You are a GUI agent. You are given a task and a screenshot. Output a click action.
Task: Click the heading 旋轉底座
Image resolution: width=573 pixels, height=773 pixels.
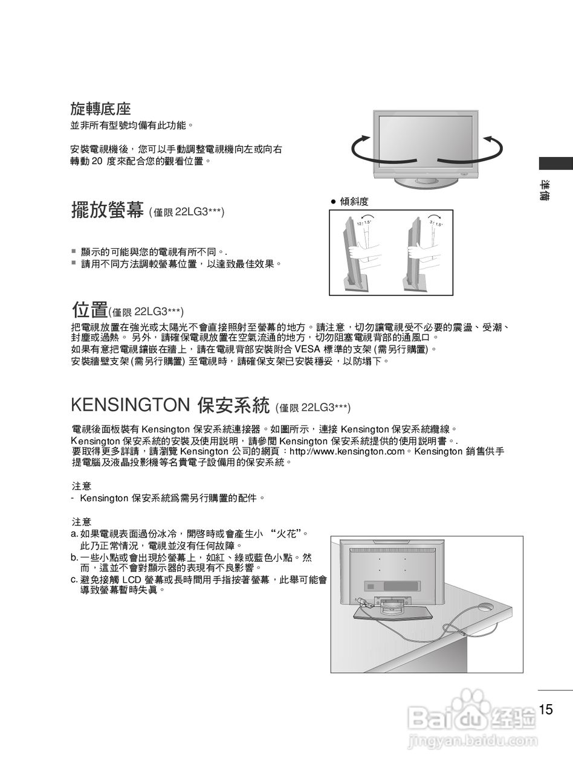pyautogui.click(x=101, y=109)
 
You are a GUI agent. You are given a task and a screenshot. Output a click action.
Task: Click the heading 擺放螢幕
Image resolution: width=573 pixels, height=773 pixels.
pyautogui.click(x=107, y=211)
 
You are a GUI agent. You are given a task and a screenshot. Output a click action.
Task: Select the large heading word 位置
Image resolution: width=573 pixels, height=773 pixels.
pyautogui.click(x=89, y=310)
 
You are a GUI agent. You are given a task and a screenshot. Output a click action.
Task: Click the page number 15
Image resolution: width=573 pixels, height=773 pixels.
pyautogui.click(x=546, y=709)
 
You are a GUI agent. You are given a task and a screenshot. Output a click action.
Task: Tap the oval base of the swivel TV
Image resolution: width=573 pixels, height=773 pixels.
pyautogui.click(x=424, y=182)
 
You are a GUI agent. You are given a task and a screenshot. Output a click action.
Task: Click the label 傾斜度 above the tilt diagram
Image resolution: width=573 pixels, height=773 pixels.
pyautogui.click(x=354, y=201)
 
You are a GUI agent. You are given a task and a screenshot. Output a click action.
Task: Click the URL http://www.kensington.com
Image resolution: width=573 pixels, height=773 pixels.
pyautogui.click(x=347, y=451)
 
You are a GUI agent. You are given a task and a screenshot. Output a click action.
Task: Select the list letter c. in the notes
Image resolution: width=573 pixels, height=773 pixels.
pyautogui.click(x=74, y=579)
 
